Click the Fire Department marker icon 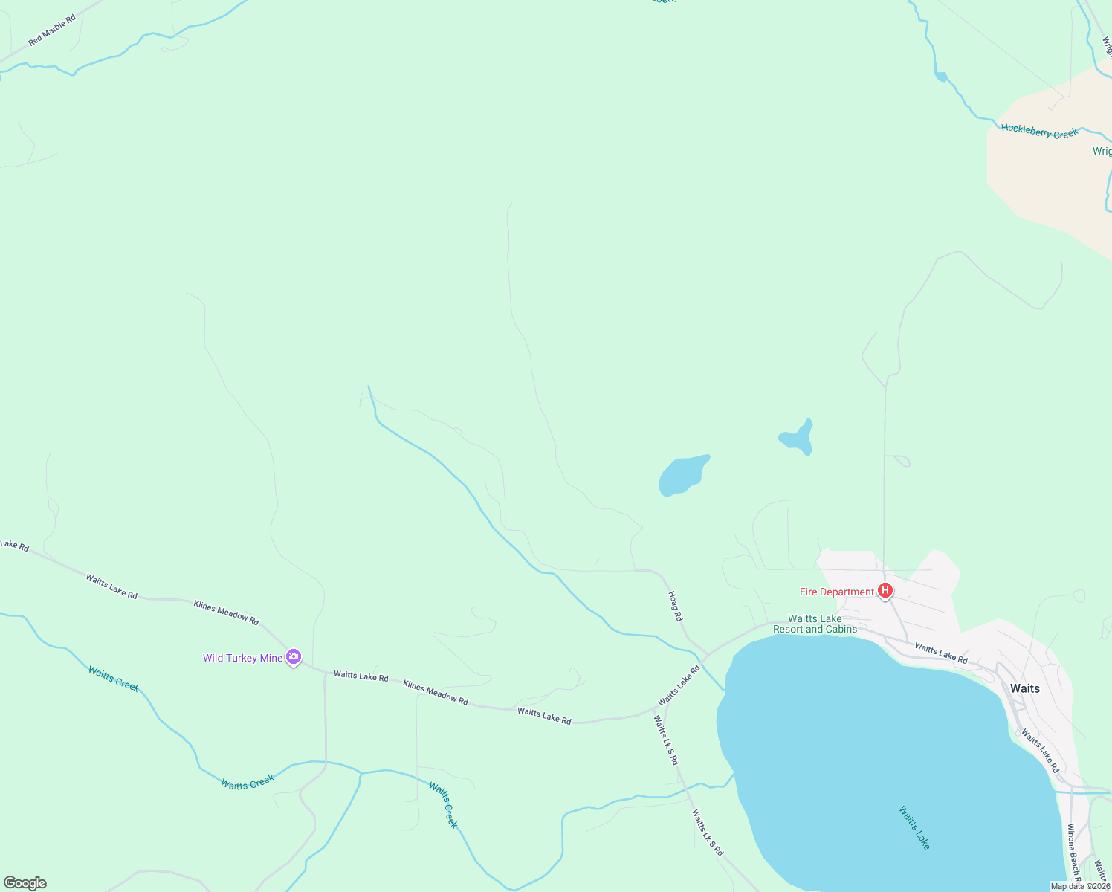pyautogui.click(x=885, y=591)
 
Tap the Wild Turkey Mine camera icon pyautogui.click(x=294, y=656)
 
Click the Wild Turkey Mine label pyautogui.click(x=243, y=658)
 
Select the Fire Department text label pyautogui.click(x=836, y=592)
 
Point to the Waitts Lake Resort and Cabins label pyautogui.click(x=815, y=624)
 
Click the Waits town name pyautogui.click(x=1024, y=688)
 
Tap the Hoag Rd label pyautogui.click(x=675, y=606)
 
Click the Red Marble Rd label pyautogui.click(x=52, y=30)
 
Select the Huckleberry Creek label pyautogui.click(x=1039, y=132)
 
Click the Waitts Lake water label pyautogui.click(x=914, y=827)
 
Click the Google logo pyautogui.click(x=25, y=883)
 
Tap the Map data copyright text pyautogui.click(x=1080, y=886)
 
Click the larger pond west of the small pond pyautogui.click(x=682, y=475)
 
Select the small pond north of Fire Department pyautogui.click(x=798, y=438)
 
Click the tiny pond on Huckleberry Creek pyautogui.click(x=941, y=77)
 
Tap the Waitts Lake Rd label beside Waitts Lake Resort pyautogui.click(x=941, y=653)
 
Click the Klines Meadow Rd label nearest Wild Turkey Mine pyautogui.click(x=226, y=613)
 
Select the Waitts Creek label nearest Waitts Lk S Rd pyautogui.click(x=443, y=805)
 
